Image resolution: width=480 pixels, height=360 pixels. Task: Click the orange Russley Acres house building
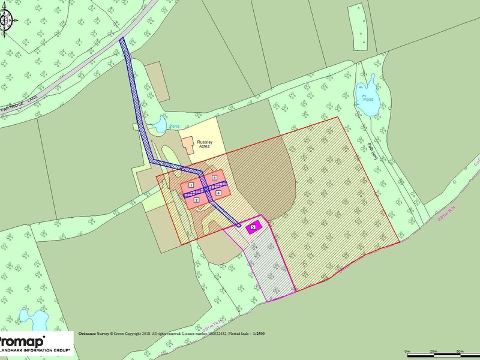[x=188, y=145]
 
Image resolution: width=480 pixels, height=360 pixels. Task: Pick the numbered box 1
[x=191, y=184]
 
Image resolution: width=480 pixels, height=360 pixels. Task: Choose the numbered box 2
[x=196, y=199]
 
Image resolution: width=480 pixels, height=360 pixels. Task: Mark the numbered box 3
[x=214, y=178]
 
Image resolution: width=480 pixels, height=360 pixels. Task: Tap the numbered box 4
[x=218, y=193]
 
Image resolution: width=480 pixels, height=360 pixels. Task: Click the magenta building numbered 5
[x=253, y=227]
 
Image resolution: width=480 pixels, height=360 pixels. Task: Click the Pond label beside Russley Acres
[x=174, y=126]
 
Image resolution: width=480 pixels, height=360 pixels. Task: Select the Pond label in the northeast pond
[x=367, y=99]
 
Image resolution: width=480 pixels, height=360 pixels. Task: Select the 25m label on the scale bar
[x=434, y=350]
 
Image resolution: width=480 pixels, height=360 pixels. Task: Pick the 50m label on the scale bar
[x=460, y=350]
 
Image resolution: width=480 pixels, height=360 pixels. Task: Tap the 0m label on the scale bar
[x=409, y=350]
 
